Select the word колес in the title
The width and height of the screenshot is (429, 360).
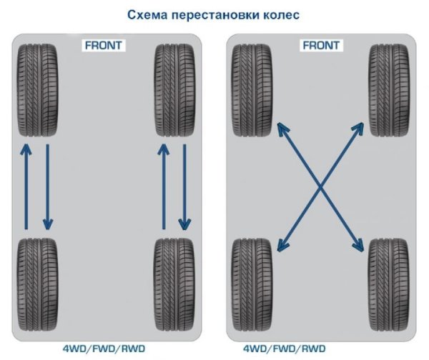(280, 14)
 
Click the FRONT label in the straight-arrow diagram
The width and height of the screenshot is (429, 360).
(104, 45)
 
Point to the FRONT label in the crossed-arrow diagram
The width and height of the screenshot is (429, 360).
(321, 45)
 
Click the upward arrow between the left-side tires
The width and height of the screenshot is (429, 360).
(26, 186)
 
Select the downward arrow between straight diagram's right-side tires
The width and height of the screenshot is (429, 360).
(185, 186)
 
